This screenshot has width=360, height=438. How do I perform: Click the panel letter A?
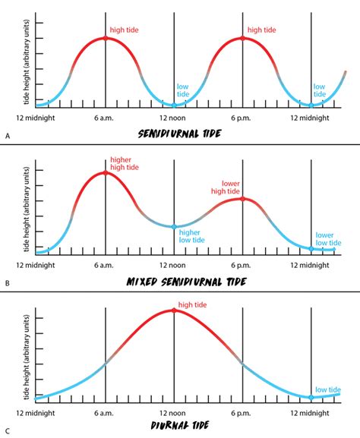(x=7, y=134)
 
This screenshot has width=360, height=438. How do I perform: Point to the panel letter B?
(x=7, y=282)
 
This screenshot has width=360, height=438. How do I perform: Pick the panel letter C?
(x=7, y=427)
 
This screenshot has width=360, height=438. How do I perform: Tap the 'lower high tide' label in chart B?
(x=231, y=187)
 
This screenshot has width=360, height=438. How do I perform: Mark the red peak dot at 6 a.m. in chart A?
(x=106, y=38)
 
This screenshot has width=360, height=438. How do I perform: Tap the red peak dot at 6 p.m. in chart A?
(x=243, y=38)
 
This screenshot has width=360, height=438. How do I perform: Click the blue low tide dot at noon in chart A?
(x=174, y=105)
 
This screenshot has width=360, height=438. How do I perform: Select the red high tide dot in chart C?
(x=174, y=310)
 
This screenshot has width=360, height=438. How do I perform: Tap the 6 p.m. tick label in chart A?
(x=242, y=118)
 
